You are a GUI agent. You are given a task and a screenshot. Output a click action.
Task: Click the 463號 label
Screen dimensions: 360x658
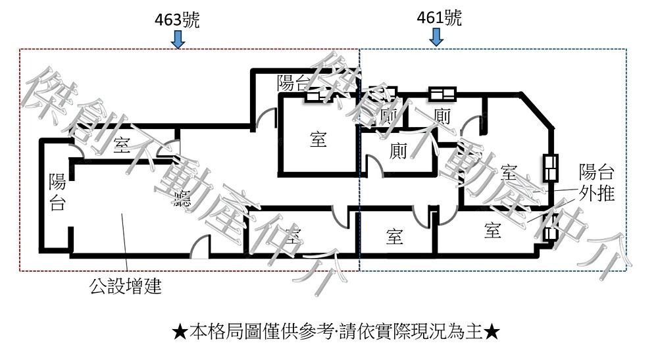pyautogui.click(x=176, y=19)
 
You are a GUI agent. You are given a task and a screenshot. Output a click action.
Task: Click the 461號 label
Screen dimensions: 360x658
pyautogui.click(x=439, y=18)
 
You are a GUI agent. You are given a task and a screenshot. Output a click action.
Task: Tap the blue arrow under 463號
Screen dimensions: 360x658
pyautogui.click(x=178, y=39)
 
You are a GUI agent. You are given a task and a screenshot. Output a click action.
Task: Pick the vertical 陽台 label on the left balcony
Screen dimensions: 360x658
pyautogui.click(x=57, y=192)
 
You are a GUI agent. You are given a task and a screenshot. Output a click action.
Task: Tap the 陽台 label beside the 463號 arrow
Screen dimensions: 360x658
pyautogui.click(x=293, y=83)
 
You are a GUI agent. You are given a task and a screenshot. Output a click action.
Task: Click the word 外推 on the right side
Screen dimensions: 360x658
pyautogui.click(x=597, y=193)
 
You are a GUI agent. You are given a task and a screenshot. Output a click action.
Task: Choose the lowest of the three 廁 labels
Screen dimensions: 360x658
pyautogui.click(x=399, y=151)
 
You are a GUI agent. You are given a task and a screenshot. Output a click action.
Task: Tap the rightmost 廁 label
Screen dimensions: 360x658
pyautogui.click(x=442, y=116)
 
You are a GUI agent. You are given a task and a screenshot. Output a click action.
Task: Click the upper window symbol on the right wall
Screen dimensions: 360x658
pyautogui.click(x=549, y=168)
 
